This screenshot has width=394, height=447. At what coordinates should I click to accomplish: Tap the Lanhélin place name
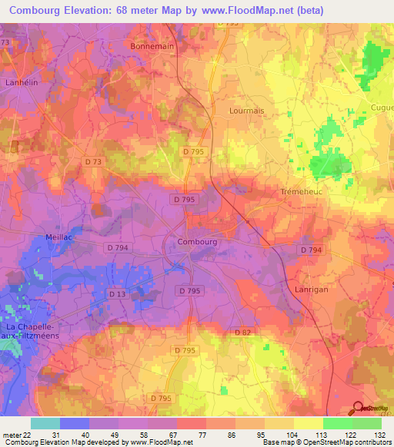(x=22, y=81)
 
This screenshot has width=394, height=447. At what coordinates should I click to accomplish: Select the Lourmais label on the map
(x=246, y=111)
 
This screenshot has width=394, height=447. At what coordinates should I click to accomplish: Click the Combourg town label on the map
(x=198, y=241)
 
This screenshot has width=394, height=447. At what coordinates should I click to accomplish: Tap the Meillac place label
(x=59, y=237)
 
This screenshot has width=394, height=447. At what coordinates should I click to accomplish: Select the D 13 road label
(x=117, y=294)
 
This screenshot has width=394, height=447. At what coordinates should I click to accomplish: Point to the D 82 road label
(x=244, y=332)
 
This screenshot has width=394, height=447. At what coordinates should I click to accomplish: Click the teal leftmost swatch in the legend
(x=45, y=423)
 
